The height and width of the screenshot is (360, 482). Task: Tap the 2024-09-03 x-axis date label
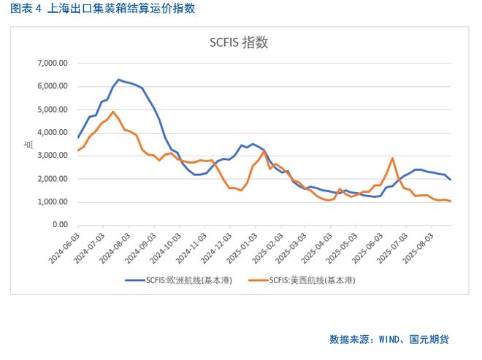142,249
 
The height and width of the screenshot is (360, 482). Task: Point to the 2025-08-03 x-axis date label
424,249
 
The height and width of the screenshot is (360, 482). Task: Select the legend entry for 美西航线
312,280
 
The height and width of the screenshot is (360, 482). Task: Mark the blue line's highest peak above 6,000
118,80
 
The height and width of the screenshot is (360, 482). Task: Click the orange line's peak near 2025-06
393,158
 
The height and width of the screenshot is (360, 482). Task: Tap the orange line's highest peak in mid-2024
112,112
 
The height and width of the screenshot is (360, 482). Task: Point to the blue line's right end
451,180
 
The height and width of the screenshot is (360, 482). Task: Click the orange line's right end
451,202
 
